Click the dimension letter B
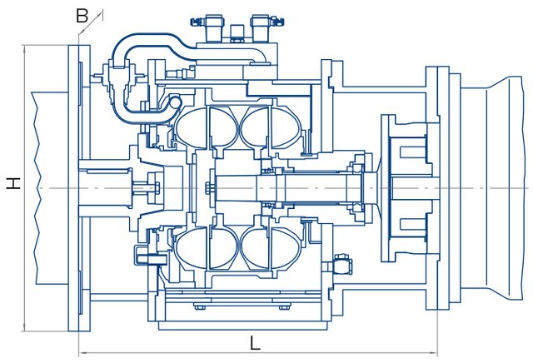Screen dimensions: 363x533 tap(81, 14)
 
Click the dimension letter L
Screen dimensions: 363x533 tap(255, 341)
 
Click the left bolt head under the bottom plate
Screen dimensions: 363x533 tap(200, 306)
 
